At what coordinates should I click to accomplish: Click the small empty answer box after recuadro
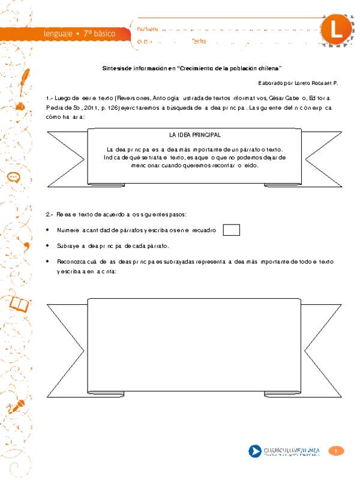(231, 230)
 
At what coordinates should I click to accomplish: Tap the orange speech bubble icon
(15, 177)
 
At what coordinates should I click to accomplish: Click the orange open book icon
(20, 305)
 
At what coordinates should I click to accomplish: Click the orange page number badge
(337, 451)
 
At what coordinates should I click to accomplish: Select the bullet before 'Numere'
(49, 230)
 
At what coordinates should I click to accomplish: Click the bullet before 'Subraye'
(49, 246)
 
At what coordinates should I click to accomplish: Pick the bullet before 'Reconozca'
(49, 262)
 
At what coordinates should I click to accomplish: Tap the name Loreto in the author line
(298, 83)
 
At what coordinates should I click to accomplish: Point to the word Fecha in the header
(199, 41)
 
